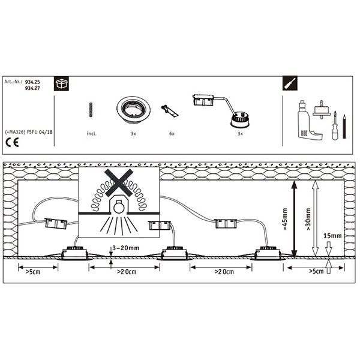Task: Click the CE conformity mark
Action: [12, 143]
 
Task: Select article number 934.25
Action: [32, 82]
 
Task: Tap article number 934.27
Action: [32, 88]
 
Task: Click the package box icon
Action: [61, 83]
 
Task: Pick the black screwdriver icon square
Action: [290, 83]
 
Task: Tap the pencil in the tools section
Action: [344, 126]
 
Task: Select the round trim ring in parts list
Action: [133, 109]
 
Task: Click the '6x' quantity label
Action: [172, 134]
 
